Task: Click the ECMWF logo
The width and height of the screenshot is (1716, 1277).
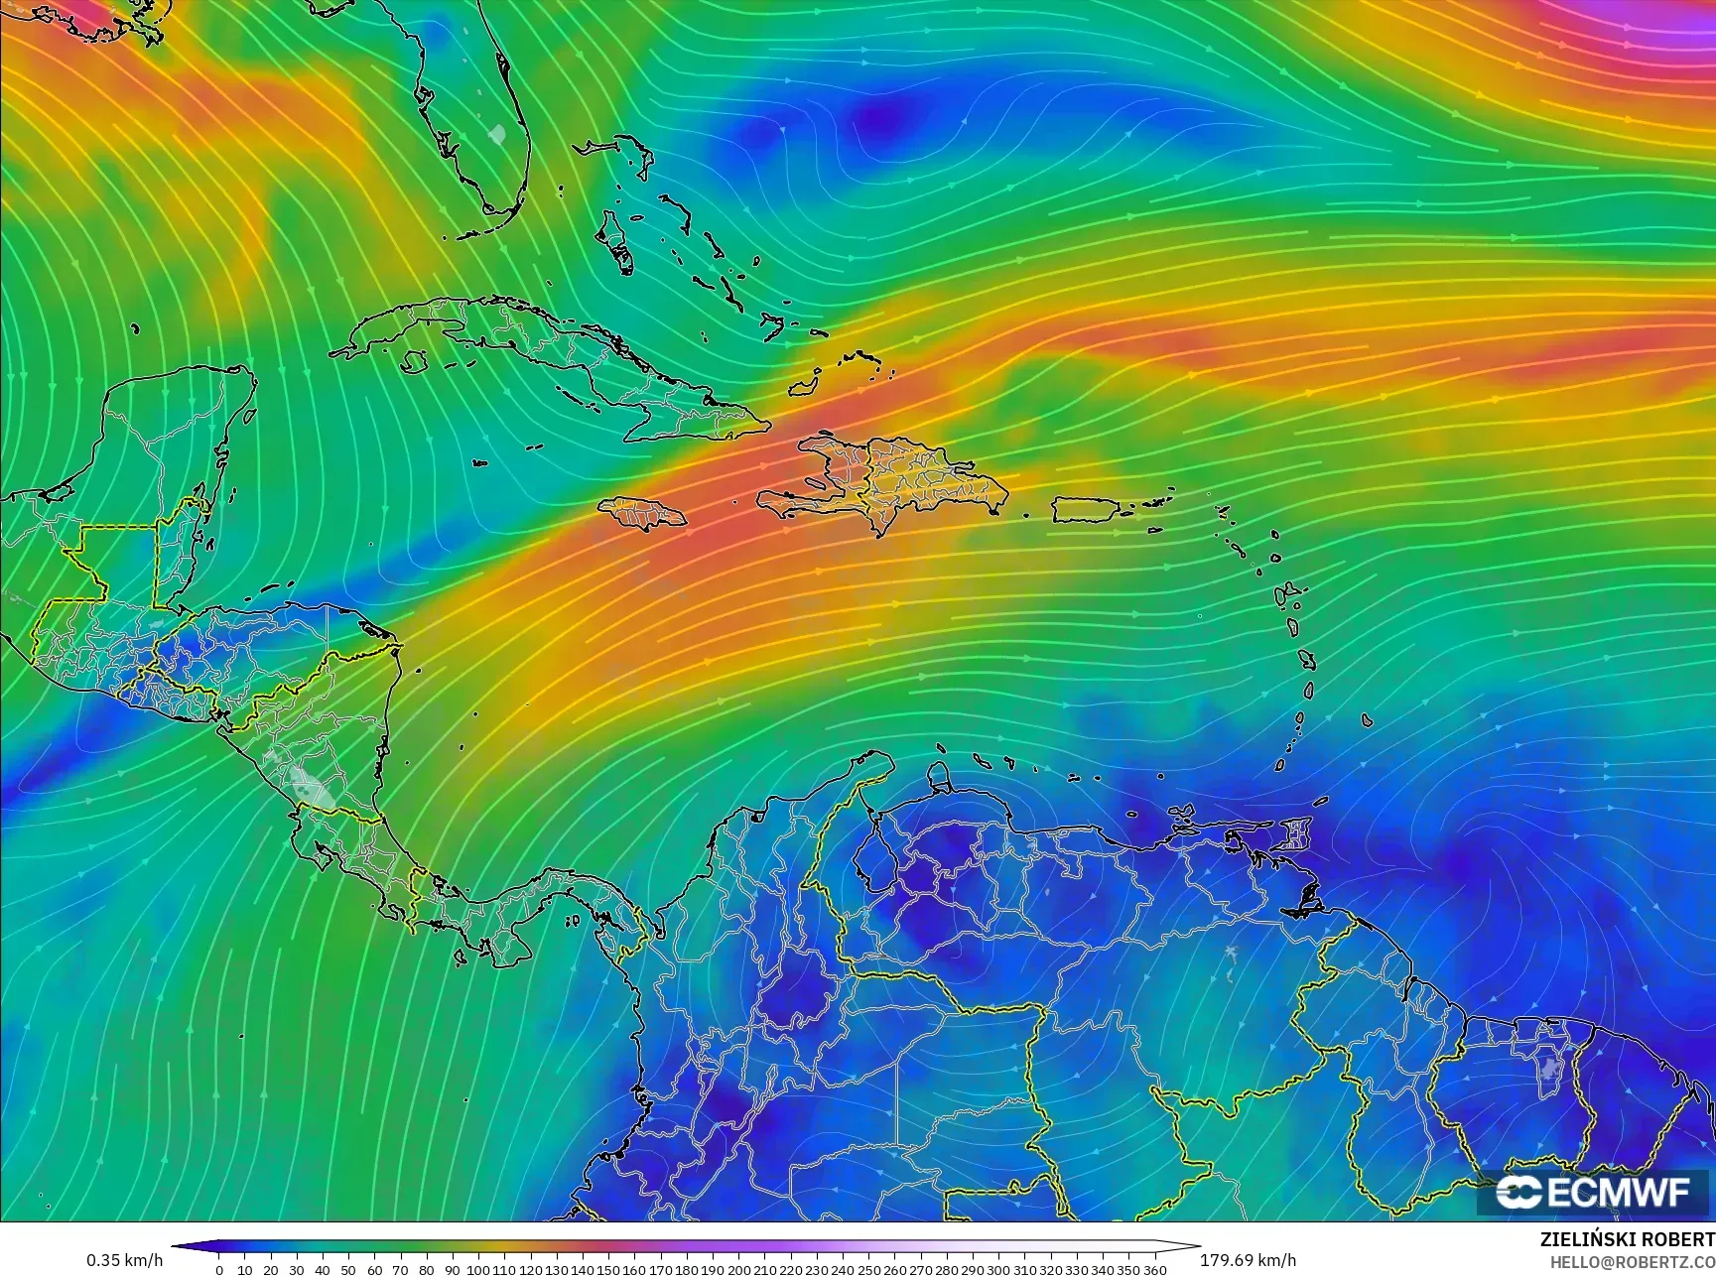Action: [x=1594, y=1192]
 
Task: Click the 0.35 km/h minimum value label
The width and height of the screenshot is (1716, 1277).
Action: [x=124, y=1260]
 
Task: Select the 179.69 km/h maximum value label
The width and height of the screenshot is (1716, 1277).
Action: [x=1248, y=1260]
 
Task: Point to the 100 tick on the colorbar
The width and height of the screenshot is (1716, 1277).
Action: [x=478, y=1269]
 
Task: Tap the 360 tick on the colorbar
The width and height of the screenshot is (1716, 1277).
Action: [x=1154, y=1269]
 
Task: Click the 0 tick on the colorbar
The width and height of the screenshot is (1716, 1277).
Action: [x=219, y=1269]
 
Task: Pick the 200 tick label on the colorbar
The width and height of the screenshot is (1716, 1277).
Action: [x=738, y=1269]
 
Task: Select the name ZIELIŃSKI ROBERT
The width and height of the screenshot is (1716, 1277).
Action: [x=1627, y=1240]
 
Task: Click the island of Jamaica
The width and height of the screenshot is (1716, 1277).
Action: [x=643, y=513]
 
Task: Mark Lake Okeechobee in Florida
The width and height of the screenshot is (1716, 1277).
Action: [x=498, y=133]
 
